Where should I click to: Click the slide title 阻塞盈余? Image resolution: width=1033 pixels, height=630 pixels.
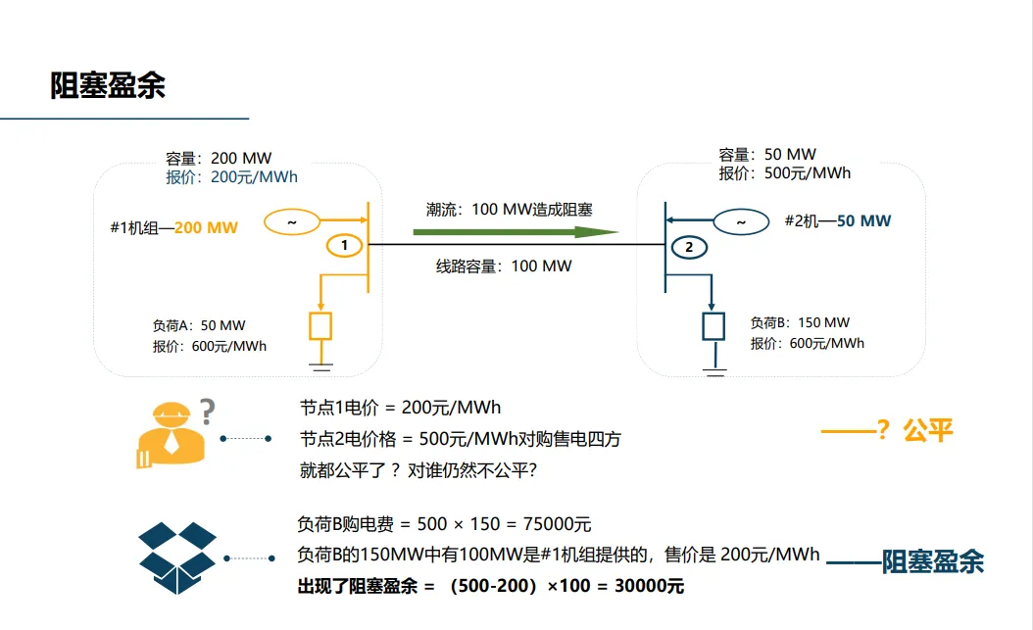click(108, 85)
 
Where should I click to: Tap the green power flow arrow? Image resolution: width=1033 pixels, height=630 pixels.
click(515, 232)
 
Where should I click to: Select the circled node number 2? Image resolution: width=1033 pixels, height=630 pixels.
click(689, 248)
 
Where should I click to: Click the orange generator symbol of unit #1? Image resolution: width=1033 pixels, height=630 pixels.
click(291, 222)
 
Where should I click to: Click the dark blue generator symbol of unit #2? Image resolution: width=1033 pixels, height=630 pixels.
click(740, 222)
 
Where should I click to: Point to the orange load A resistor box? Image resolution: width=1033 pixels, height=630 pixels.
click(320, 325)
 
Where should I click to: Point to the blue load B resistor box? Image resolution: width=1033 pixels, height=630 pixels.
click(713, 325)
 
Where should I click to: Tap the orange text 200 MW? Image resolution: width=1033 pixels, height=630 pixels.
click(206, 227)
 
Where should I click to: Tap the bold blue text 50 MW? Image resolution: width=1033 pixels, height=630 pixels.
click(863, 220)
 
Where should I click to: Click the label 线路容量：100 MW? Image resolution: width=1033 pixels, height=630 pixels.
click(504, 266)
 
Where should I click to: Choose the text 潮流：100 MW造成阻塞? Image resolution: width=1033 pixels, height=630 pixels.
click(510, 209)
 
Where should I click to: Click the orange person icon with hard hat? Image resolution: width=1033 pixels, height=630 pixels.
click(171, 436)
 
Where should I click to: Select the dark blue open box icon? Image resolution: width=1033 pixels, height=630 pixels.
click(177, 558)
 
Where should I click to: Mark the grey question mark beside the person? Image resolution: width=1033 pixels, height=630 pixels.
click(207, 412)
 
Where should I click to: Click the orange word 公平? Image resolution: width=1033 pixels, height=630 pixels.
click(928, 429)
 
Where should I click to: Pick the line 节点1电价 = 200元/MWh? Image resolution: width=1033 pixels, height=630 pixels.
click(400, 408)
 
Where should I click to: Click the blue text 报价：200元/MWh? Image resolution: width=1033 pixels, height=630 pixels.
click(231, 177)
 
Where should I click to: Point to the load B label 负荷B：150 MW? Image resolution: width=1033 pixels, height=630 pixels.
click(800, 322)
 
